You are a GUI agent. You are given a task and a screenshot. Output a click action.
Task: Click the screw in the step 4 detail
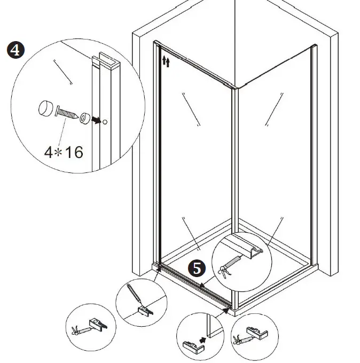66,113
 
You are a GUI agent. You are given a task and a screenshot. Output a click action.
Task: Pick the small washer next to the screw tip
84,117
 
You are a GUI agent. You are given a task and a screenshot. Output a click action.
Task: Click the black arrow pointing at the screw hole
96,120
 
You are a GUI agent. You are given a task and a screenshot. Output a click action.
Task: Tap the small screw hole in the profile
105,122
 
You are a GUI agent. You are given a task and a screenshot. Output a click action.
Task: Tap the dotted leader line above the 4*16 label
65,131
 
